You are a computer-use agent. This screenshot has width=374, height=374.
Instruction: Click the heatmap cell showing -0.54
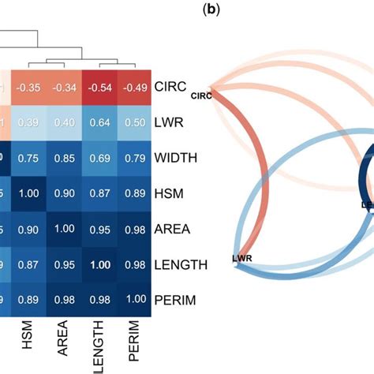coord(99,85)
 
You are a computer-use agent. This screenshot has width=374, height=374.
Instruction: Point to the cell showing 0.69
coord(99,157)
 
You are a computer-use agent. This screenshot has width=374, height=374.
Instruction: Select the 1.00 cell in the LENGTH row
coord(99,265)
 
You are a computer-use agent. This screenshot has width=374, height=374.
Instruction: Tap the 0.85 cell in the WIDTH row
coord(64,157)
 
